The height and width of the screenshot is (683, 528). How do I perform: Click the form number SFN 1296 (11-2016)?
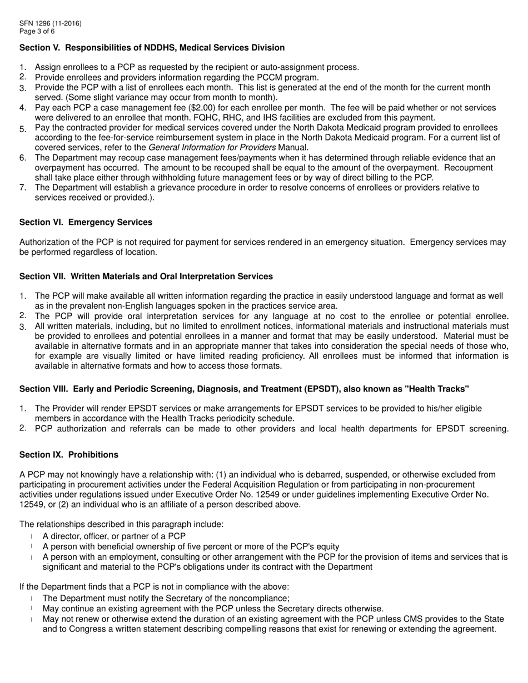click(50, 23)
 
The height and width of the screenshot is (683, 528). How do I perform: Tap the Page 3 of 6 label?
click(37, 31)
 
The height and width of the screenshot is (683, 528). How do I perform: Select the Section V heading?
click(152, 48)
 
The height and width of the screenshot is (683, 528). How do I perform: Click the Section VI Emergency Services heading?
click(86, 222)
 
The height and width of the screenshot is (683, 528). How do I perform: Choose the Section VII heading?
click(146, 277)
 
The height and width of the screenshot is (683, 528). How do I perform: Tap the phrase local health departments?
click(356, 429)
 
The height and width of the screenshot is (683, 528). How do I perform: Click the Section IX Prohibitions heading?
click(69, 455)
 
